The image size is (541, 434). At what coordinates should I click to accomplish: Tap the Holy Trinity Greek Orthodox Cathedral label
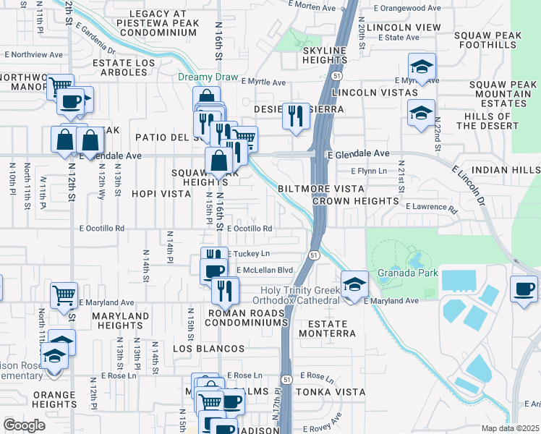pyautogui.click(x=299, y=295)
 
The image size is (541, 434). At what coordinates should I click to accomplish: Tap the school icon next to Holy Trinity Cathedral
pyautogui.click(x=354, y=284)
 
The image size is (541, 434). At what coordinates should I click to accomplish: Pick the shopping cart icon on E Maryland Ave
pyautogui.click(x=64, y=296)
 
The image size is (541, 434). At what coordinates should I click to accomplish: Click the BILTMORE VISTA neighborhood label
pyautogui.click(x=320, y=188)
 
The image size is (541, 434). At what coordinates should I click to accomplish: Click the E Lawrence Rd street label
pyautogui.click(x=432, y=208)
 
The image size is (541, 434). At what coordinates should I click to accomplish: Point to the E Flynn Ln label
pyautogui.click(x=369, y=171)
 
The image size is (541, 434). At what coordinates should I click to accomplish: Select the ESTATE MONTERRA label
pyautogui.click(x=332, y=328)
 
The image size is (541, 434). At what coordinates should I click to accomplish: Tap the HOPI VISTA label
pyautogui.click(x=161, y=195)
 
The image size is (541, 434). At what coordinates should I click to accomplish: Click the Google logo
pyautogui.click(x=24, y=425)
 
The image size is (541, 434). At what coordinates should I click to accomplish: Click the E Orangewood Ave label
pyautogui.click(x=407, y=8)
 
